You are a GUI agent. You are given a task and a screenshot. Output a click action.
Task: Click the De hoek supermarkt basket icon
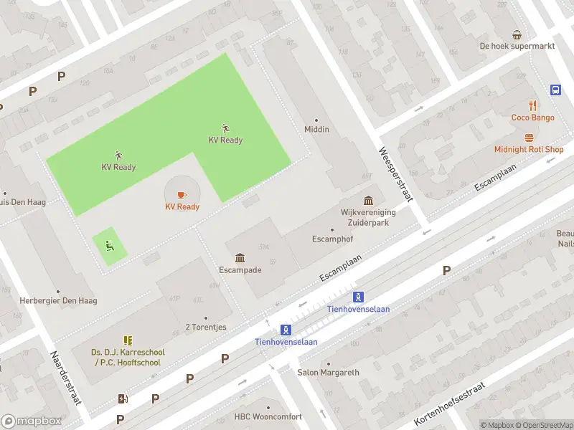click(x=517, y=34)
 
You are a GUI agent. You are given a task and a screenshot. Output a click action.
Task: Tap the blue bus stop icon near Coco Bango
click(x=555, y=90)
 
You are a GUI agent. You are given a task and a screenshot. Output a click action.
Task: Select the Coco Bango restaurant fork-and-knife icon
click(x=532, y=105)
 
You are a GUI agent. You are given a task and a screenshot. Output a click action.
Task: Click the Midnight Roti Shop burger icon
click(x=530, y=138)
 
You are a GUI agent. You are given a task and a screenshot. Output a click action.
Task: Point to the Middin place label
click(x=316, y=129)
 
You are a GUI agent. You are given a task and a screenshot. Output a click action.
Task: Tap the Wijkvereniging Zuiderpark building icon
click(x=368, y=200)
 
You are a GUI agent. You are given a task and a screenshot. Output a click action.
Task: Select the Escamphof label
click(x=331, y=239)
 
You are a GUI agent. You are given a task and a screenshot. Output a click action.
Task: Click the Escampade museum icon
click(x=240, y=258)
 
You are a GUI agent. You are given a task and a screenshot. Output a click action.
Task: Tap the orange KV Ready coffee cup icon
click(x=181, y=194)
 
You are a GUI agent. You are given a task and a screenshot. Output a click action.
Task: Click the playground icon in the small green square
click(x=109, y=246)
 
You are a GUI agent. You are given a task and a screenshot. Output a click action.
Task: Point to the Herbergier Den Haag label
click(x=58, y=300)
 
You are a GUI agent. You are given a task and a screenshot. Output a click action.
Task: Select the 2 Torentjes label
click(x=206, y=327)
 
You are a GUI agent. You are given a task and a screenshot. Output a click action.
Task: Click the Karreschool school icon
click(x=128, y=340)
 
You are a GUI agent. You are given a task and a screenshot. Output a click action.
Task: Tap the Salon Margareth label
click(x=328, y=373)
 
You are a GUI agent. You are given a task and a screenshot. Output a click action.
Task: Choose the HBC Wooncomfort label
click(x=268, y=416)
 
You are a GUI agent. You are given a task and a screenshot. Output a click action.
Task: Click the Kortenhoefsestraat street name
click(x=450, y=404)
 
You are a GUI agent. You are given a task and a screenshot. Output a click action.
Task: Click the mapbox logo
click(x=32, y=421)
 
